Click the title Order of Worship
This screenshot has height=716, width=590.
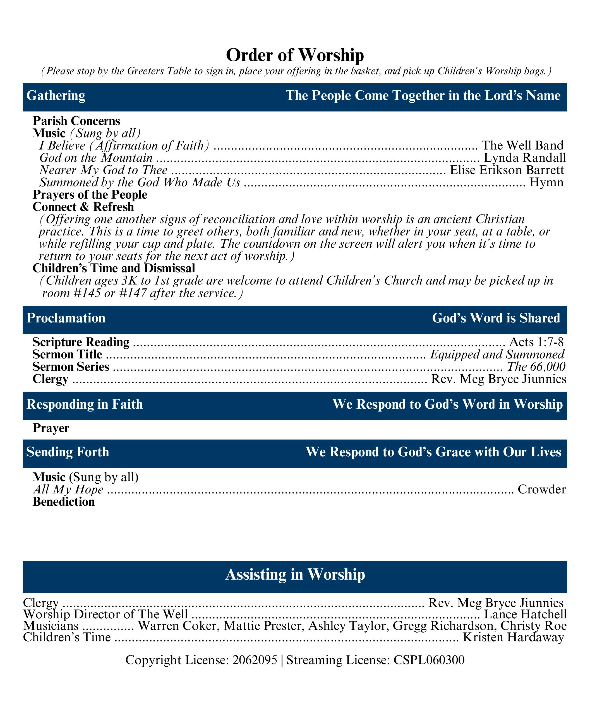(295, 55)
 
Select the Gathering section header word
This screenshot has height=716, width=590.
(56, 96)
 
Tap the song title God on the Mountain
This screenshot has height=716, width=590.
(96, 158)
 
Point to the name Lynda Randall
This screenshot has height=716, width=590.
(524, 158)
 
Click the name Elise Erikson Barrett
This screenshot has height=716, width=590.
(507, 170)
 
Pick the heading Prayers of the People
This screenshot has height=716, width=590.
(90, 195)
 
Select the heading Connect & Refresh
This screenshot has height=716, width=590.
(83, 207)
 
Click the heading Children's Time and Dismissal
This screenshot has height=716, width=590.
(114, 268)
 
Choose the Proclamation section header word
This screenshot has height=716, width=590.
(66, 318)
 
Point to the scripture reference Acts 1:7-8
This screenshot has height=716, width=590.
(536, 342)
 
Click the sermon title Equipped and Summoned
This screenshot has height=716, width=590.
(497, 354)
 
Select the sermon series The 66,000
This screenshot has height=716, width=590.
(536, 367)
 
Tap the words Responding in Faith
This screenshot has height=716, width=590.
(85, 404)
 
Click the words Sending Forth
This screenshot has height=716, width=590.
(68, 452)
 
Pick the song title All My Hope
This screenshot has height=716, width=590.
(68, 490)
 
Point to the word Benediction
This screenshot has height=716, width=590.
(64, 502)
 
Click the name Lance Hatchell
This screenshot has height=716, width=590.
(525, 614)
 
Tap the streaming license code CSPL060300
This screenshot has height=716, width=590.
(429, 660)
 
